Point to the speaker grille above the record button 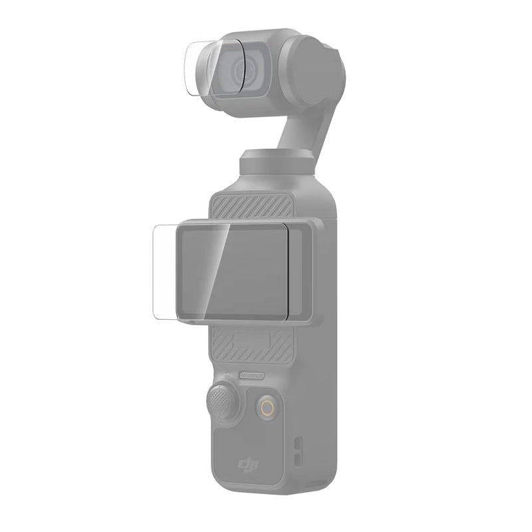[252, 375]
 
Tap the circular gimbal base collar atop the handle [277, 162]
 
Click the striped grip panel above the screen [251, 207]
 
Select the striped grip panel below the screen [251, 344]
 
